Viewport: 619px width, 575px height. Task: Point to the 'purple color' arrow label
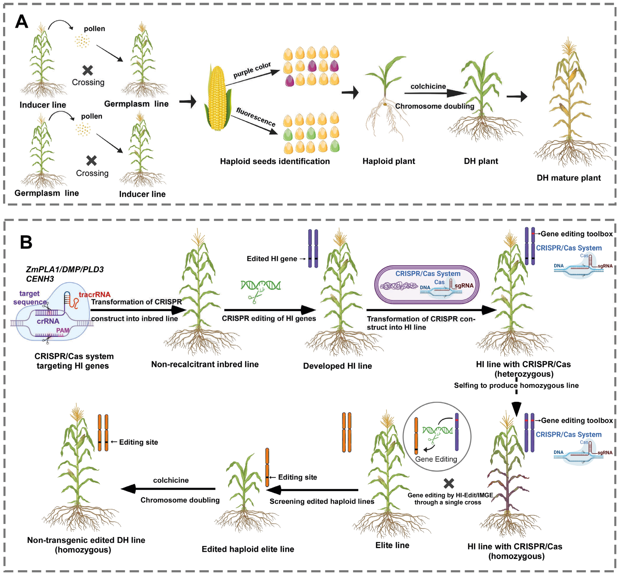pos(252,70)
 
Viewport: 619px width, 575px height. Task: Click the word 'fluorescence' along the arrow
pos(256,117)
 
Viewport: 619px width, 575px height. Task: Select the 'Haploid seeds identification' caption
pos(275,161)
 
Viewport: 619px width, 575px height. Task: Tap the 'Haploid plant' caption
pos(389,161)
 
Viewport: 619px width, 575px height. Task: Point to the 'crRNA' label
pos(48,321)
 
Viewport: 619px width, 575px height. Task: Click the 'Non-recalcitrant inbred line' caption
pos(205,364)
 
